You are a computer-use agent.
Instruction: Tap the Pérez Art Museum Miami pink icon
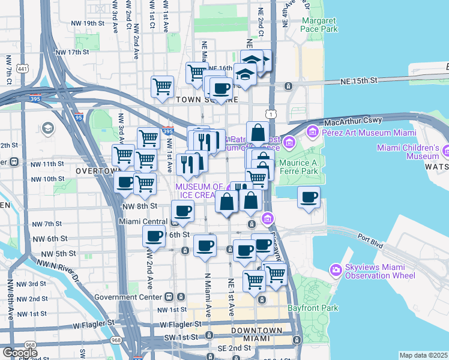312,131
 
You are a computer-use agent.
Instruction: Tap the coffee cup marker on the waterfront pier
309,197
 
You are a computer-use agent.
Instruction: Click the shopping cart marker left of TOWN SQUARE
162,86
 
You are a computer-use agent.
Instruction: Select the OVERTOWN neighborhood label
95,171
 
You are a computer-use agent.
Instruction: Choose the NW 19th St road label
87,23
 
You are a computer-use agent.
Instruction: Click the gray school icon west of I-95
47,128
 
